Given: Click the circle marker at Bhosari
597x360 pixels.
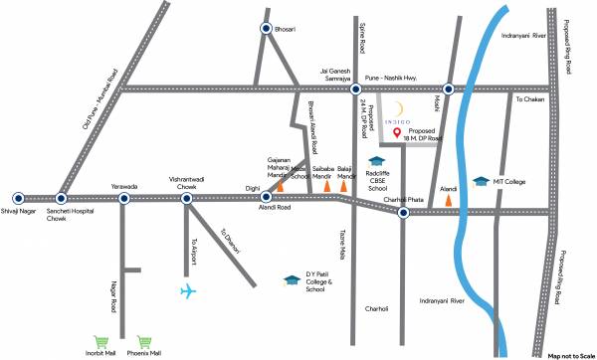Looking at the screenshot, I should (266, 30).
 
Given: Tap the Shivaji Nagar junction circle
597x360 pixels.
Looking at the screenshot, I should (14, 198).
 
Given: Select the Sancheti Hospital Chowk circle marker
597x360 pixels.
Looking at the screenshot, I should (62, 198).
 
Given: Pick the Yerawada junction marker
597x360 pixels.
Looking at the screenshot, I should (124, 198).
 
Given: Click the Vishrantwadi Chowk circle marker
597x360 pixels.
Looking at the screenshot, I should (186, 198).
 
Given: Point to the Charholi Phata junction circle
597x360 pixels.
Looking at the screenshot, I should (403, 211).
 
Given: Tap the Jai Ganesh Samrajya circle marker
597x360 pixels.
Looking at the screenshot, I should (355, 89).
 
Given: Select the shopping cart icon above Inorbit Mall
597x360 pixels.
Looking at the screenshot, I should (99, 340).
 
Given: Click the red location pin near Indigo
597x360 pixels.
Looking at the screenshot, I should (396, 133).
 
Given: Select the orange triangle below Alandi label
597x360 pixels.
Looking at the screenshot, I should (449, 198).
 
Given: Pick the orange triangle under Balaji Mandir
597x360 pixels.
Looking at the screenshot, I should (344, 184).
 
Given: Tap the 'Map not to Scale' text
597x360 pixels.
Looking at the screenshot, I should (570, 354).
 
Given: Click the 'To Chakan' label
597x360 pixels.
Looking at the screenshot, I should (528, 98).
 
